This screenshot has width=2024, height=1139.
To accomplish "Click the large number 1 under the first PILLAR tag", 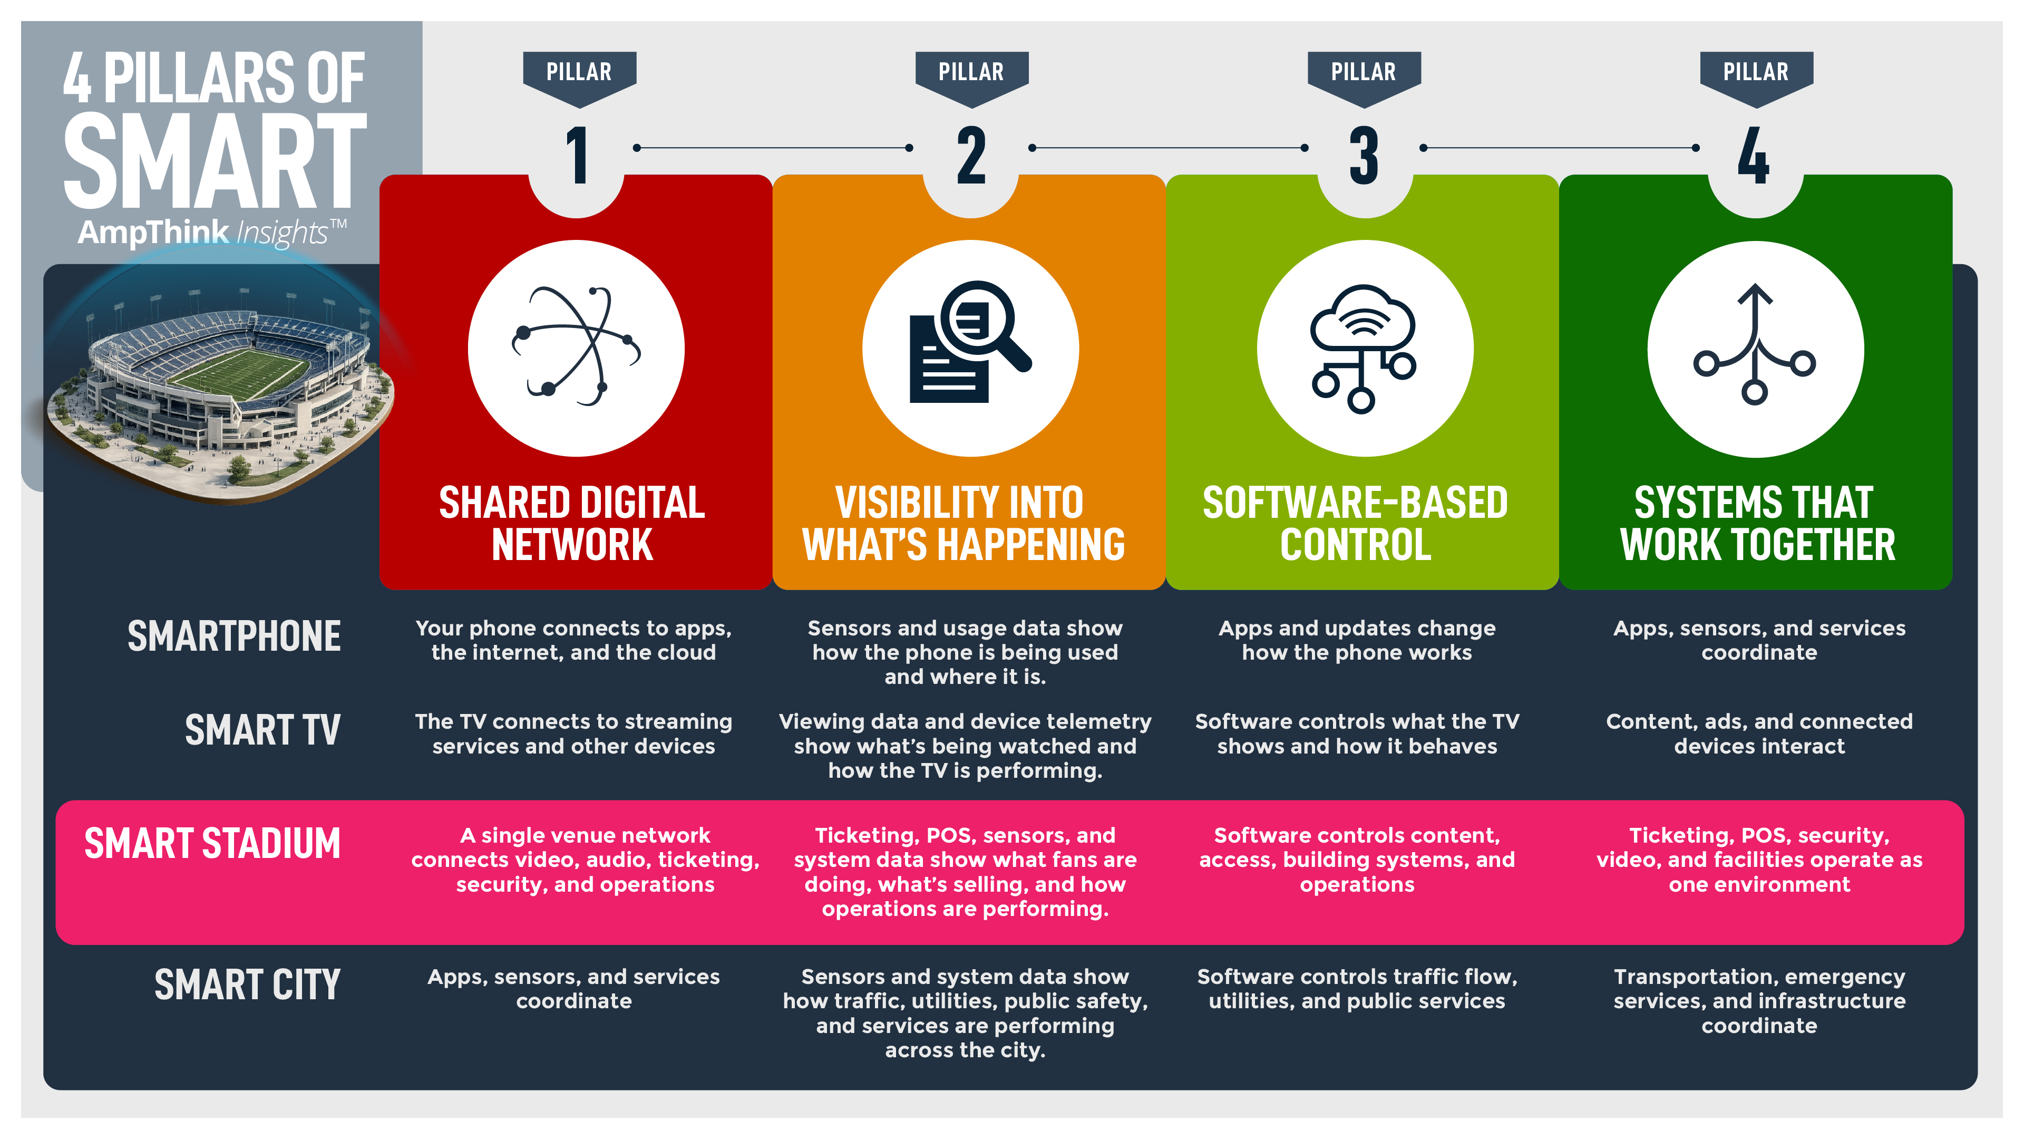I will (578, 155).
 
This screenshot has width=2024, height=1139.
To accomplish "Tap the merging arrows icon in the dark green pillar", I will (1755, 346).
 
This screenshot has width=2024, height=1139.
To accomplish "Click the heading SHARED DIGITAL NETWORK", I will (572, 524).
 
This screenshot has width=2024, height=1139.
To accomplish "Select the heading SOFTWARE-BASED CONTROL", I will (1355, 524).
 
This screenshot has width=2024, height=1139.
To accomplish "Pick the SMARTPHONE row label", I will (234, 636).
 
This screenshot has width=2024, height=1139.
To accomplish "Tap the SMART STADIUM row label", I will (212, 844).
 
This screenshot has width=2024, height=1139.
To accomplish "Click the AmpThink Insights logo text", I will (211, 233).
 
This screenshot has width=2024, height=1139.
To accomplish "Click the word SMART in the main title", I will (215, 161).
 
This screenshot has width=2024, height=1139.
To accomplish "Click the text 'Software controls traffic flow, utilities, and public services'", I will (1357, 988).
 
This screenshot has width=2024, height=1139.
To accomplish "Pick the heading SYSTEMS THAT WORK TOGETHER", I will (1757, 524).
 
